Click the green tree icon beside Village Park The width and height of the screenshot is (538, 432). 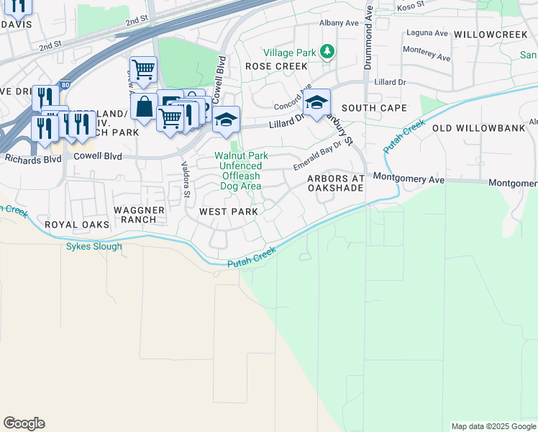[328, 51]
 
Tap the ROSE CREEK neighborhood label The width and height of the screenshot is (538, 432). [271, 66]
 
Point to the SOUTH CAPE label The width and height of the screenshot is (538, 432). [374, 108]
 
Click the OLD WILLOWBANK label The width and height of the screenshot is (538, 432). [471, 128]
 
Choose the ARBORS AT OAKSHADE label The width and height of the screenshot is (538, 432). [335, 183]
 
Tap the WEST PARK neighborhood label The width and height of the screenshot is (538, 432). [228, 212]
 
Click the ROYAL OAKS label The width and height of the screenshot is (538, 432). [77, 225]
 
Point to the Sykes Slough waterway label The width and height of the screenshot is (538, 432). [94, 246]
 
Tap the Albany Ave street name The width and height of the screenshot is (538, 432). [339, 23]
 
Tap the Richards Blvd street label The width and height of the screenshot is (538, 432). [33, 159]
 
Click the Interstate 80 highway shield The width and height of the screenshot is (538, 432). [65, 85]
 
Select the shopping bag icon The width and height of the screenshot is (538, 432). [144, 107]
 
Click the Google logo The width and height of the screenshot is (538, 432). [24, 423]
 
